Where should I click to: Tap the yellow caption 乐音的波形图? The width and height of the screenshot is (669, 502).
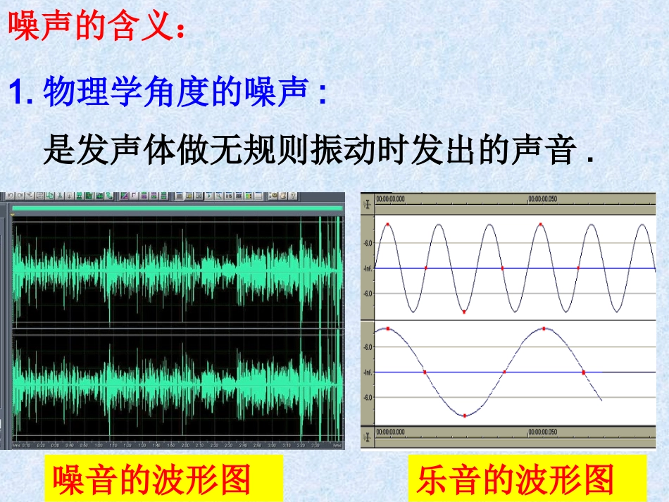(515, 480)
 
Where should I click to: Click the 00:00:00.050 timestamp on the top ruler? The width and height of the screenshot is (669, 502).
(543, 199)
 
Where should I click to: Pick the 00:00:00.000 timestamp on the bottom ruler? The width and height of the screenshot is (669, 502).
(390, 432)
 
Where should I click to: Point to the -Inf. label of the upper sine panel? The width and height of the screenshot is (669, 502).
(367, 268)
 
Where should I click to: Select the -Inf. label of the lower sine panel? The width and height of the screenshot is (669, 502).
(367, 372)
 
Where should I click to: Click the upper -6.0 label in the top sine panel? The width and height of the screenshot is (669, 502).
(368, 243)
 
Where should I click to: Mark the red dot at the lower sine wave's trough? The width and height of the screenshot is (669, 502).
(464, 415)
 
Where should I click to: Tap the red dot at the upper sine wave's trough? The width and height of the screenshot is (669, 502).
(464, 311)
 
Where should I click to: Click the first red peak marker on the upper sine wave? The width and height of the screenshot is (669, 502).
(387, 225)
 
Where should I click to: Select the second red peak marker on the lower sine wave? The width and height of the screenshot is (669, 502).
(544, 328)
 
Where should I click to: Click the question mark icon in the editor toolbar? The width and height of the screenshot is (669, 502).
(292, 196)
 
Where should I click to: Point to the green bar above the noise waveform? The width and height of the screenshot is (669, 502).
(176, 208)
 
